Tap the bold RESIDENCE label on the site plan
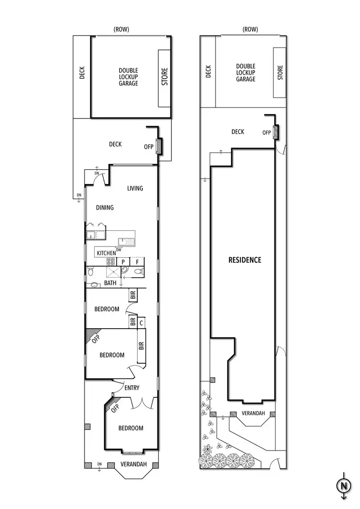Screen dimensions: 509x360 pyautogui.click(x=245, y=260)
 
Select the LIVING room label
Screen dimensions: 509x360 pyautogui.click(x=135, y=189)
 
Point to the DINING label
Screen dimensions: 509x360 pyautogui.click(x=105, y=208)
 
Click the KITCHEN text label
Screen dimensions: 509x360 pyautogui.click(x=106, y=253)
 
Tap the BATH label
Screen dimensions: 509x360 pyautogui.click(x=110, y=284)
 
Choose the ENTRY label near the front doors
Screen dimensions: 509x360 pyautogui.click(x=132, y=388)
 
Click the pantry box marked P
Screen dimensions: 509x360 pyautogui.click(x=123, y=262)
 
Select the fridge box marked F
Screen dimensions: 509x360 pyautogui.click(x=137, y=262)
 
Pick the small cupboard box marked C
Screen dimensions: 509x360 pyautogui.click(x=141, y=323)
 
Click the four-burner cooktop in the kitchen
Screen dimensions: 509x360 pyautogui.click(x=110, y=262)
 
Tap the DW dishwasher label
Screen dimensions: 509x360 pyautogui.click(x=118, y=249)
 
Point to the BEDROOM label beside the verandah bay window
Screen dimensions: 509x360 pyautogui.click(x=131, y=428)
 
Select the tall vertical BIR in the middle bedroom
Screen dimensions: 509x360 pyautogui.click(x=141, y=345)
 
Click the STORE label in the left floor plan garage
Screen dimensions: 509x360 pyautogui.click(x=165, y=79)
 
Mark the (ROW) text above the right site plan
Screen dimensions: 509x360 pyautogui.click(x=250, y=29)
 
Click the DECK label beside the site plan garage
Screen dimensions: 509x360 pyautogui.click(x=208, y=71)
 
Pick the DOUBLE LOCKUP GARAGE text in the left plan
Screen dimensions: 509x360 pyautogui.click(x=128, y=77)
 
